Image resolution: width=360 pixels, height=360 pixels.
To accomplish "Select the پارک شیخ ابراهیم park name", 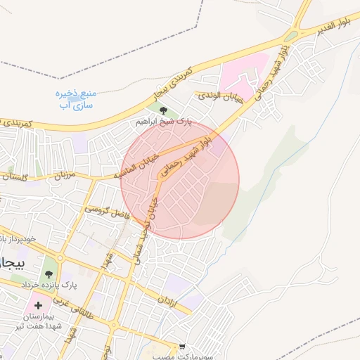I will [163, 122].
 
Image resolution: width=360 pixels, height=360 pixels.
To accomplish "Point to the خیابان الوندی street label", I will [219, 97].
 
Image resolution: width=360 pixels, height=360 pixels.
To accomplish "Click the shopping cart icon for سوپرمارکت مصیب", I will [183, 347].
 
